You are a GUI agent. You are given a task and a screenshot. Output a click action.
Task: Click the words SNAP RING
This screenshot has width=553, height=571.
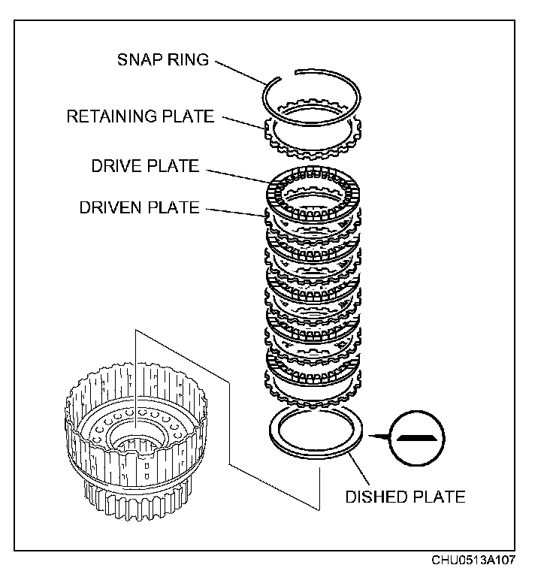pyautogui.click(x=162, y=59)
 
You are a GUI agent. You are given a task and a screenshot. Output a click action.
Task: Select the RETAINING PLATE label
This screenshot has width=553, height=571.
pyautogui.click(x=140, y=116)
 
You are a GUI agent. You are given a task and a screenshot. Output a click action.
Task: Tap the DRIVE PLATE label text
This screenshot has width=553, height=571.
pyautogui.click(x=145, y=166)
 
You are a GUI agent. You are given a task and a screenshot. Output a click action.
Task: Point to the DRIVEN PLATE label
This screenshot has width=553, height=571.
pyautogui.click(x=139, y=207)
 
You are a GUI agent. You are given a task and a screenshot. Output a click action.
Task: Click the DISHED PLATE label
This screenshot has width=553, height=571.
pyautogui.click(x=404, y=497)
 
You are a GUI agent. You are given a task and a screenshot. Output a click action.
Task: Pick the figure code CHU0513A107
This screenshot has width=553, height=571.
pyautogui.click(x=474, y=560)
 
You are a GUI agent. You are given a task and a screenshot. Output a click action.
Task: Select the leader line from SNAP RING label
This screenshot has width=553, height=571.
pyautogui.click(x=240, y=71)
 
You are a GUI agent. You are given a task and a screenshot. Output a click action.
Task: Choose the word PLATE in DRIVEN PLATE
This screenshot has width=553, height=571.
pyautogui.click(x=174, y=207)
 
